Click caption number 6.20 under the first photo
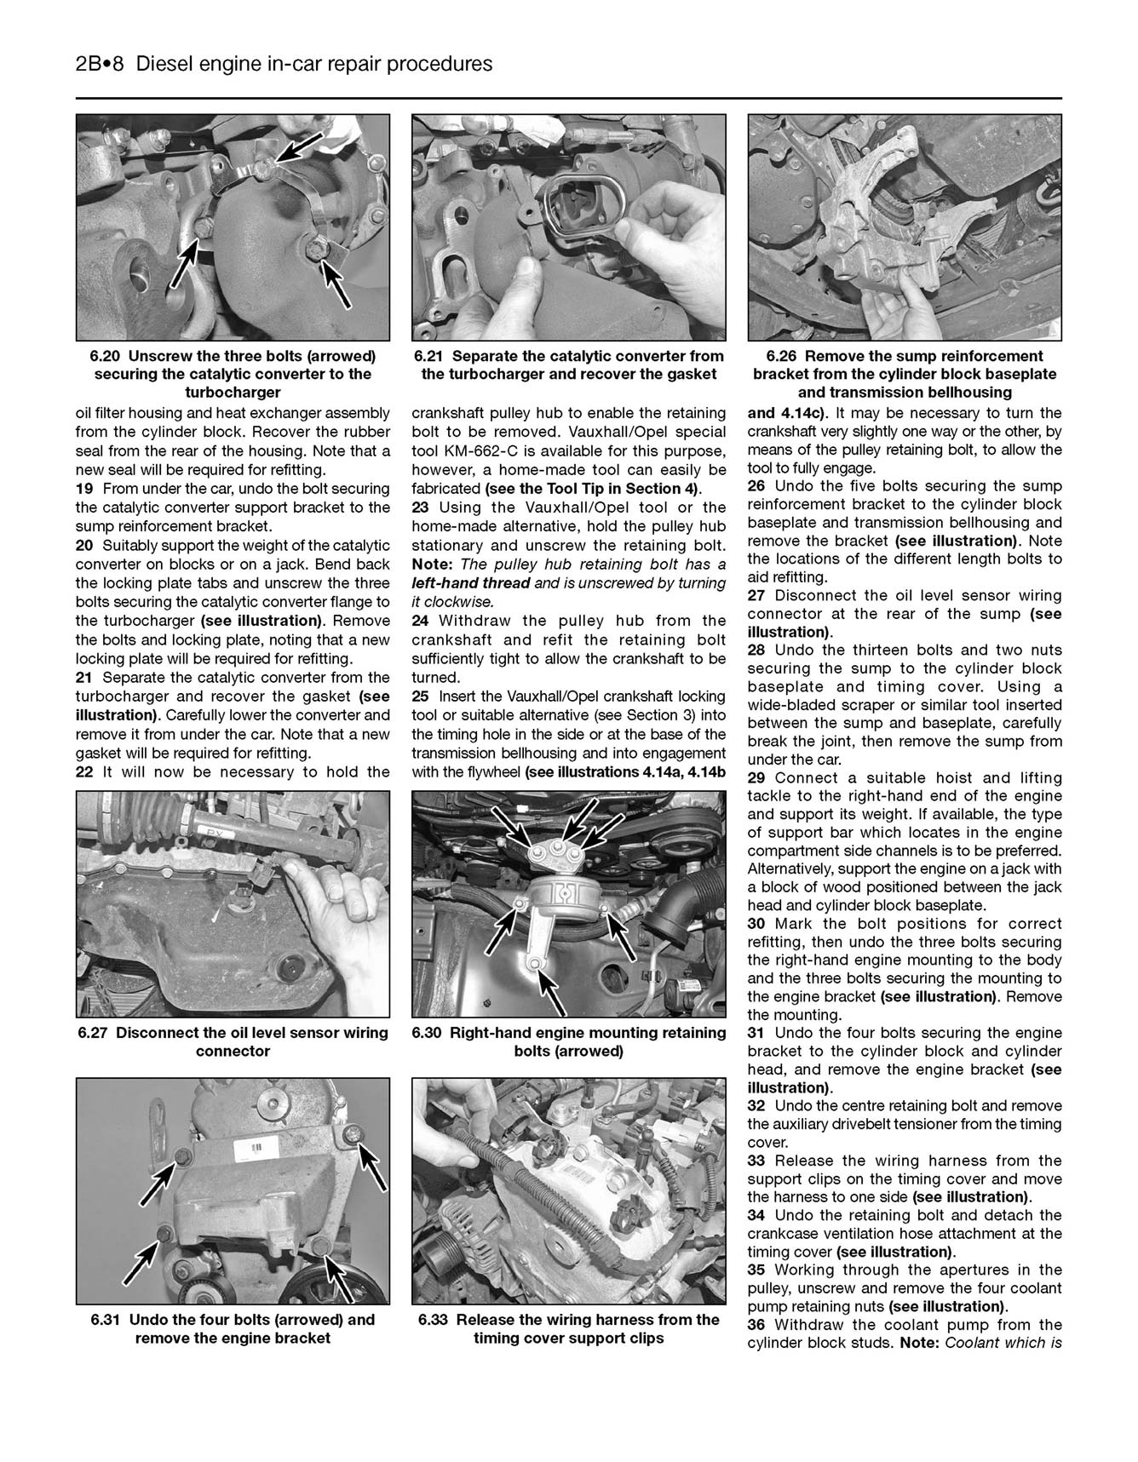tap(106, 356)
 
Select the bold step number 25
tap(421, 697)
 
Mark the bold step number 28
tap(756, 650)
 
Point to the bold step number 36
tap(756, 1325)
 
